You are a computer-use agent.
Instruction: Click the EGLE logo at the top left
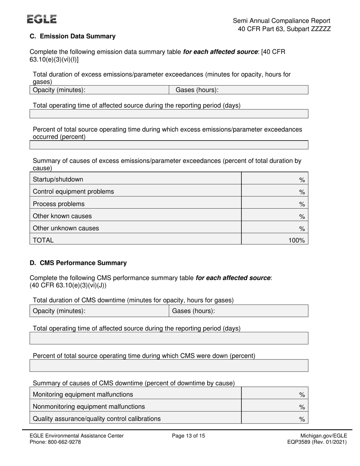[42, 19]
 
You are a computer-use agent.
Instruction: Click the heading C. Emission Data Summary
[72, 36]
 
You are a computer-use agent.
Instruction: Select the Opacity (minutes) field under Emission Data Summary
[99, 90]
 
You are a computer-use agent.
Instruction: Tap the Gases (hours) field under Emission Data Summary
[238, 90]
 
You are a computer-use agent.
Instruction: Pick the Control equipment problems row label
[74, 192]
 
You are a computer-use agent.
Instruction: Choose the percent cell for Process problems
[274, 204]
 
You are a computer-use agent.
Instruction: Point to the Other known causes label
[63, 216]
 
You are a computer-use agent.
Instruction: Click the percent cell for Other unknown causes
[274, 228]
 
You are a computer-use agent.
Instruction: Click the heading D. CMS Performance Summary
[78, 263]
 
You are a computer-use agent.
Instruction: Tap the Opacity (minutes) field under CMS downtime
[99, 311]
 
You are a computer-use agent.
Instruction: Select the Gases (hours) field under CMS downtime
[238, 311]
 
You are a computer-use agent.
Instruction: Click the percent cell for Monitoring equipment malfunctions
[274, 395]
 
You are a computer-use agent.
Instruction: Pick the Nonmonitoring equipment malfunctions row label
[89, 407]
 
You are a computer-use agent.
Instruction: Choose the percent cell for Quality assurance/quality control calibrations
[274, 419]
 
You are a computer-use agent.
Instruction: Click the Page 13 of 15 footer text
[188, 436]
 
